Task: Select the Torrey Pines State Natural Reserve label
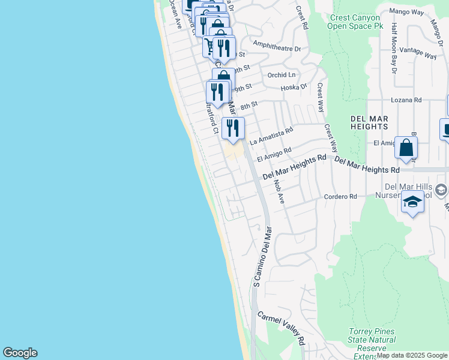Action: coord(371,344)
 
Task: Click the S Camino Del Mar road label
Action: coord(262,256)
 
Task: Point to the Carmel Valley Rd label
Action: coord(282,328)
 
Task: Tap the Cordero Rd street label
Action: coord(340,196)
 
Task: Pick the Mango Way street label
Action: coord(407,11)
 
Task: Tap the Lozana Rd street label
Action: coord(406,100)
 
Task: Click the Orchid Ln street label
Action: coord(282,75)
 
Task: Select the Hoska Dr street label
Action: coord(294,87)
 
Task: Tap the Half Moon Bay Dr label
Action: coord(394,48)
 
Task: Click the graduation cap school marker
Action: coord(412,203)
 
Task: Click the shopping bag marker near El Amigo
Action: coord(406,148)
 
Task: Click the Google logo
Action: coord(20,353)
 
